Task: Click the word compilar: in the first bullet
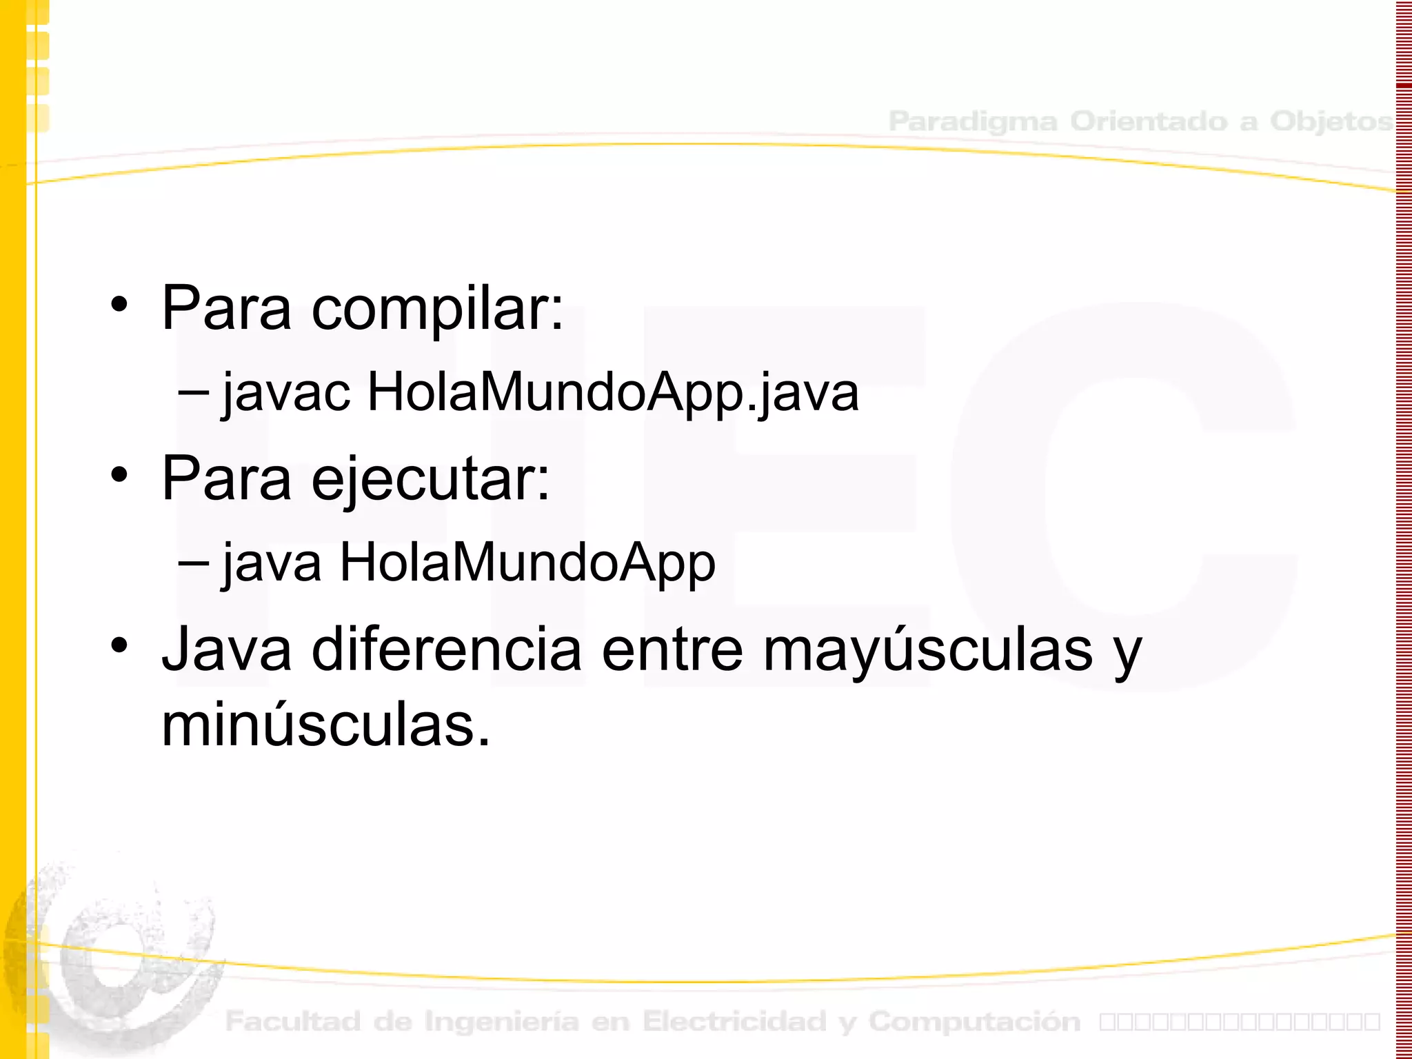(x=437, y=309)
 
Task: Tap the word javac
(x=286, y=393)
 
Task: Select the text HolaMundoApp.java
(x=613, y=393)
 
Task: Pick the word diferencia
(x=447, y=649)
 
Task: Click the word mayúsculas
(x=927, y=649)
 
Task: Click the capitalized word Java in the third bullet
(x=227, y=649)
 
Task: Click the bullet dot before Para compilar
(x=120, y=305)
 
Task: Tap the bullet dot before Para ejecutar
(x=120, y=475)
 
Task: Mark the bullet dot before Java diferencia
(x=120, y=645)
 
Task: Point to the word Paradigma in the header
(x=972, y=121)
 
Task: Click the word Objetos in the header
(x=1331, y=121)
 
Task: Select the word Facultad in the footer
(x=293, y=1022)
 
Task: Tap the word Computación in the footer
(x=974, y=1022)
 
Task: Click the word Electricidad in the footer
(x=734, y=1022)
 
